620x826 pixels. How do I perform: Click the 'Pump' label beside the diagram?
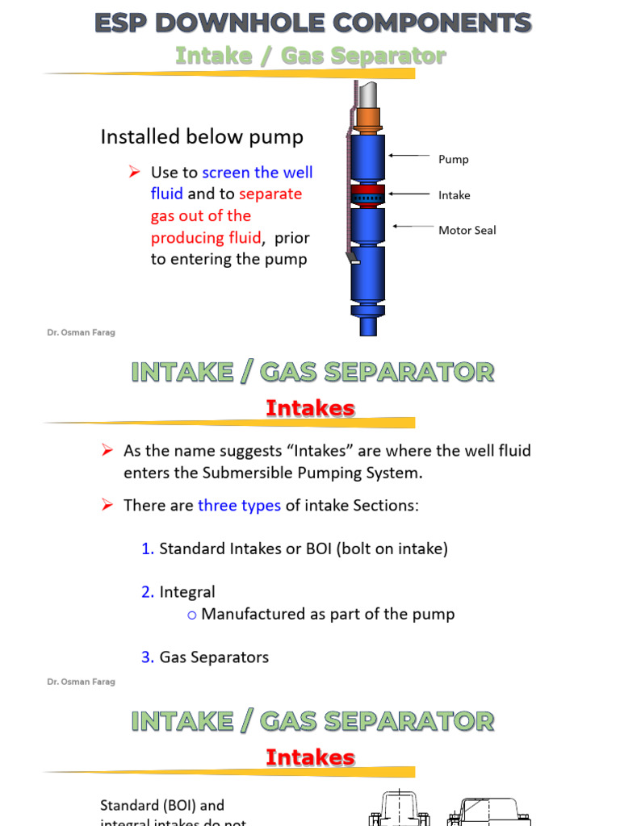point(453,160)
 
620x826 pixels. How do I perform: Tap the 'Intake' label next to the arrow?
point(454,195)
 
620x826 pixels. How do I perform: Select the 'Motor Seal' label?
point(467,231)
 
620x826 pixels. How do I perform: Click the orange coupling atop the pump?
point(367,119)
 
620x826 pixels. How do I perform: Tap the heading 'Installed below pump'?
point(202,137)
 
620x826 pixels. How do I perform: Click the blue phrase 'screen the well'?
point(257,173)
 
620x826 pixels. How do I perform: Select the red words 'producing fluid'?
point(205,238)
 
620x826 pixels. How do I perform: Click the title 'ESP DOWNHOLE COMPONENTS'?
point(312,23)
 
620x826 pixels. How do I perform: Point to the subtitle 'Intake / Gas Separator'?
point(310,56)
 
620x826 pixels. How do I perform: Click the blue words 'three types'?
point(239,506)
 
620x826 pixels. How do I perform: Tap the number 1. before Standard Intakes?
point(148,549)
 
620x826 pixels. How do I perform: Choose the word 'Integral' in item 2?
point(187,593)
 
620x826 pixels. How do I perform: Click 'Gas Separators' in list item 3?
point(214,657)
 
